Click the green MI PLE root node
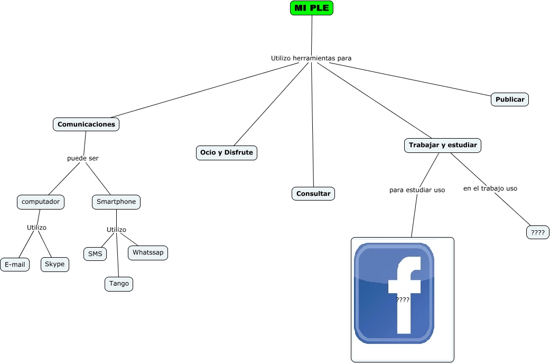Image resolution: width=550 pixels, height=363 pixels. [x=312, y=8]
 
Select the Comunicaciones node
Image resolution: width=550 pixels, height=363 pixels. [x=86, y=124]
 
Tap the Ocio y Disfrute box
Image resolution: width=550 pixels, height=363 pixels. [x=226, y=153]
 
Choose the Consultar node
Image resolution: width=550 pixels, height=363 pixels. [x=313, y=194]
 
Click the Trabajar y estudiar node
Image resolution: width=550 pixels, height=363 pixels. [x=443, y=145]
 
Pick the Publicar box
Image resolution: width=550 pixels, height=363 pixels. [x=510, y=99]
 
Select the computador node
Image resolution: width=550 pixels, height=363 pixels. [x=41, y=202]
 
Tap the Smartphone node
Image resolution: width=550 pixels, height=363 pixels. [x=116, y=202]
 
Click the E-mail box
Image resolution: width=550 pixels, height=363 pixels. [x=15, y=264]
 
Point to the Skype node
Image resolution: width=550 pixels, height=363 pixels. [x=55, y=264]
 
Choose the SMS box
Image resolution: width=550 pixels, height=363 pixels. [x=95, y=254]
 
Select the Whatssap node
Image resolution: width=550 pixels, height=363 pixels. [x=148, y=252]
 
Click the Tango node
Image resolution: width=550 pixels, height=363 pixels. [x=119, y=284]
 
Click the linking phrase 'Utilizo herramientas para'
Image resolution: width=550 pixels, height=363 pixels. [x=311, y=58]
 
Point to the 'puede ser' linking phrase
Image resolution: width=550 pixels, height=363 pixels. [x=83, y=158]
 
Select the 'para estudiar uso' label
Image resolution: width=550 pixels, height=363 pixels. [x=417, y=189]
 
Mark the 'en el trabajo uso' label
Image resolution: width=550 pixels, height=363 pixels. [x=490, y=188]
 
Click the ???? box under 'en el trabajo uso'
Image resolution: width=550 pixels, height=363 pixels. [x=538, y=232]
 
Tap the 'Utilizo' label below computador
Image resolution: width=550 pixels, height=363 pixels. [x=37, y=228]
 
